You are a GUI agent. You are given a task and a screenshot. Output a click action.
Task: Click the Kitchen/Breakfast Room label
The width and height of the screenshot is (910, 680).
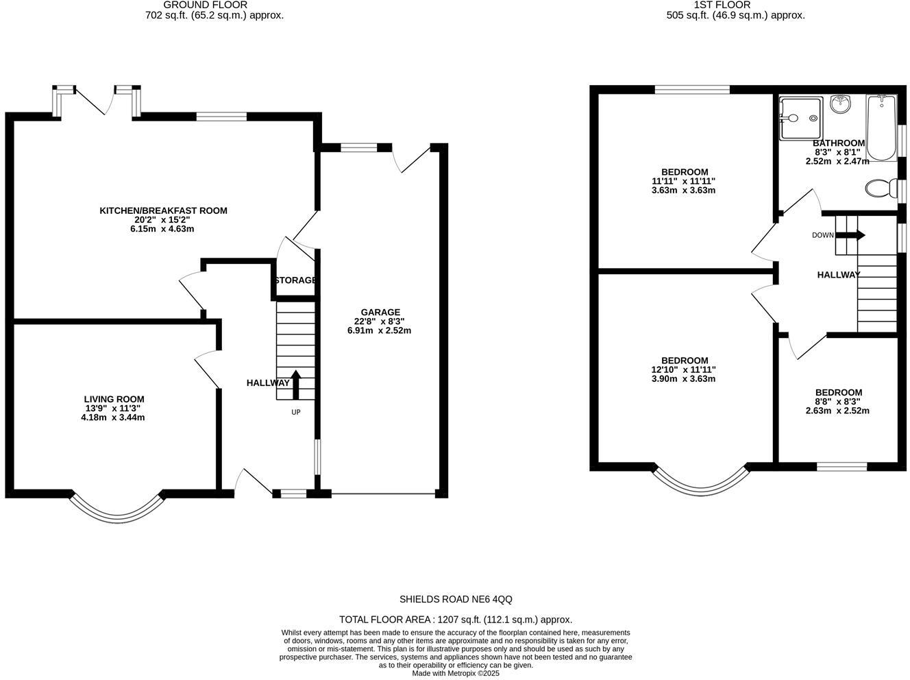click(x=163, y=210)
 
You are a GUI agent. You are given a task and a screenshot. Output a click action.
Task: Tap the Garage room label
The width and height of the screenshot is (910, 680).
click(x=380, y=312)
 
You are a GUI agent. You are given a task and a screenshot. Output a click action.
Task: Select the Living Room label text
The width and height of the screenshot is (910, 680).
click(x=114, y=399)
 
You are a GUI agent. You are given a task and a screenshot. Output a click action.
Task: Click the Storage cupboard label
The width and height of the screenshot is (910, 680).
click(x=295, y=280)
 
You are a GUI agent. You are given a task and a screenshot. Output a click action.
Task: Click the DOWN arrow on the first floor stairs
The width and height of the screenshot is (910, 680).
click(x=850, y=235)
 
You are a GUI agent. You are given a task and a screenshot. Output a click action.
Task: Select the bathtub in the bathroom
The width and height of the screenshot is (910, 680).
click(x=881, y=127)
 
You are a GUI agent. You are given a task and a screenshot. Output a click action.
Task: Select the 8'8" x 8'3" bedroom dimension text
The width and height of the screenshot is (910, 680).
click(x=837, y=402)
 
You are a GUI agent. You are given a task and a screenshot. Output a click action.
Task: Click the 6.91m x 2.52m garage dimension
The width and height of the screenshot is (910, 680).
click(x=379, y=330)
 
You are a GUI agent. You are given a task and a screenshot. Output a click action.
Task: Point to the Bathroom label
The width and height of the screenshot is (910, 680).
click(x=838, y=143)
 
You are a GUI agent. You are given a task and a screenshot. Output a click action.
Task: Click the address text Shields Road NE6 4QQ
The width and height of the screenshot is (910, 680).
click(x=456, y=599)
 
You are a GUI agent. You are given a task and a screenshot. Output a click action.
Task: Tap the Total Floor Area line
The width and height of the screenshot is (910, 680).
click(x=455, y=619)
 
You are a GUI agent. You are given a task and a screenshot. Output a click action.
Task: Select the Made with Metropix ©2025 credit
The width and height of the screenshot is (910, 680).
click(x=455, y=674)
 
